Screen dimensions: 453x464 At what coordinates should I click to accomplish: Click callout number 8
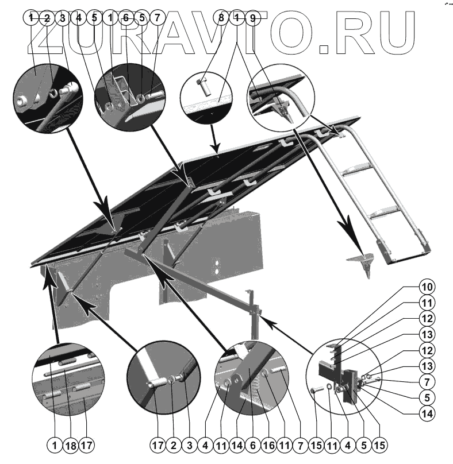(x=221, y=18)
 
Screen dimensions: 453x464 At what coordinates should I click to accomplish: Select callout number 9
(x=252, y=18)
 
